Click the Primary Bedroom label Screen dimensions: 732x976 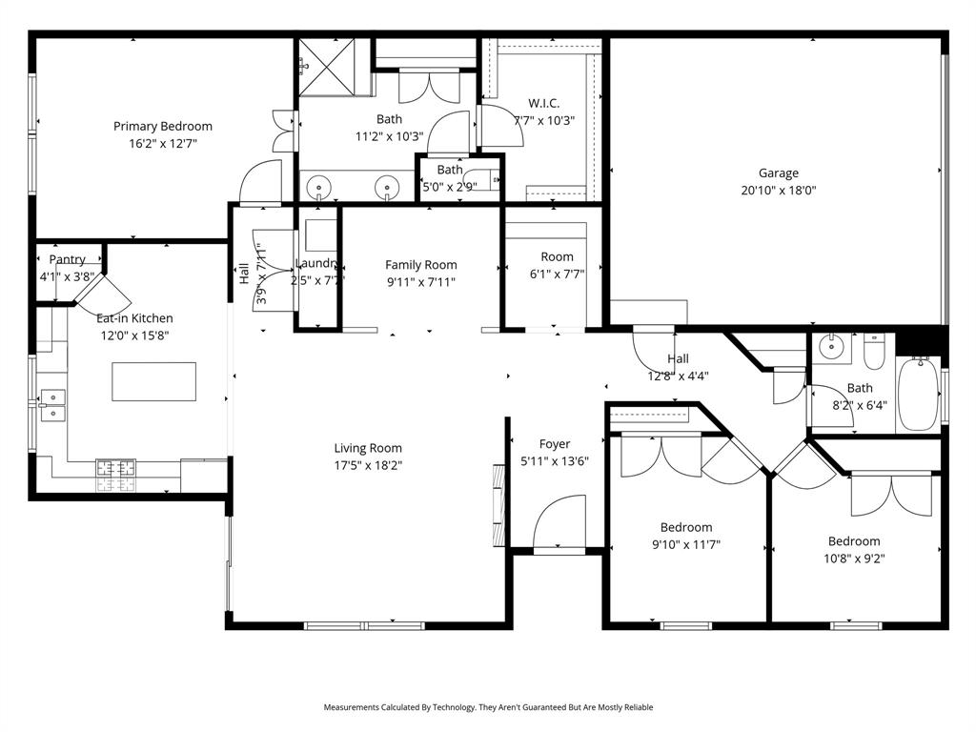pos(163,126)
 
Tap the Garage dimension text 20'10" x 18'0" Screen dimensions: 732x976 pos(779,190)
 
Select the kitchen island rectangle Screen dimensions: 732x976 pos(154,381)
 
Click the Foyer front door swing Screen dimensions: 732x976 pos(560,524)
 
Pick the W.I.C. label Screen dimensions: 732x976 pos(543,103)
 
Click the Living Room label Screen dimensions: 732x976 pos(368,448)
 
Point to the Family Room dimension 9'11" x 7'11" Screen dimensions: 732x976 pos(420,281)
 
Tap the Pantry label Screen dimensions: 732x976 pos(67,259)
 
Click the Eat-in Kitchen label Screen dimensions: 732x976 pos(134,318)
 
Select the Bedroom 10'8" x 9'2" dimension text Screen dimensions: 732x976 pos(854,559)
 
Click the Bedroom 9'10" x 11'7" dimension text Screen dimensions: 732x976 pos(686,544)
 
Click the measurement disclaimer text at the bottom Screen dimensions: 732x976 pos(488,707)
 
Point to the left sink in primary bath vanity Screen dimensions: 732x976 pos(319,184)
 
